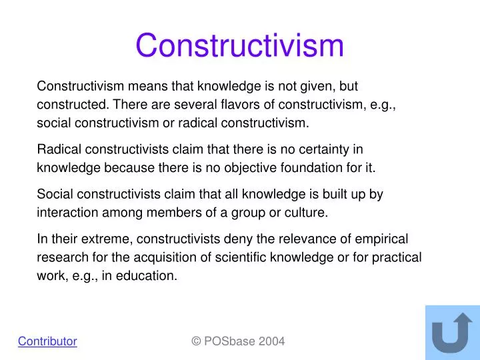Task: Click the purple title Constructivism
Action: (x=239, y=46)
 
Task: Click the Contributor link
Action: (x=47, y=341)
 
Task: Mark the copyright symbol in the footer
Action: (x=196, y=341)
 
